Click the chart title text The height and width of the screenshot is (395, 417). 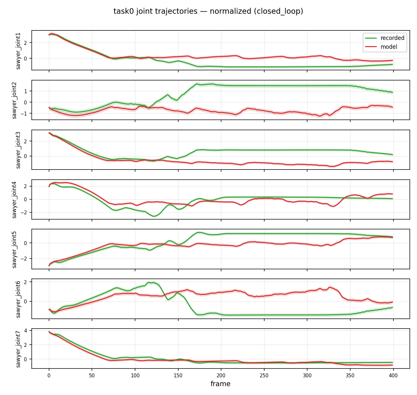coord(208,11)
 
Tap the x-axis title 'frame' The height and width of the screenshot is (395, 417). coord(220,384)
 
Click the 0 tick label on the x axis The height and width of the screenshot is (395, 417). coord(49,375)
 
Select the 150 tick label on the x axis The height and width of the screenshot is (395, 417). coord(178,375)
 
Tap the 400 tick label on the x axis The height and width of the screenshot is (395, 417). coord(393,375)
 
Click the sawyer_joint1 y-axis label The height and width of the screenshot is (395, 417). coord(18,51)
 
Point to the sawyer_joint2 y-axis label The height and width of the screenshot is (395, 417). coord(14,100)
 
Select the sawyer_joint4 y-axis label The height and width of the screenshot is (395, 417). coord(14,200)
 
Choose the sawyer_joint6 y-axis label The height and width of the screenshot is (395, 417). coord(18,299)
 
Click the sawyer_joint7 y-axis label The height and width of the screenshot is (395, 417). coord(18,349)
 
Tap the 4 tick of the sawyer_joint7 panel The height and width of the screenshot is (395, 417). coord(26,331)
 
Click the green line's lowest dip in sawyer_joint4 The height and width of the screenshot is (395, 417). coord(154,216)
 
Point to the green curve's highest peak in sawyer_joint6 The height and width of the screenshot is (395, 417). coord(149,282)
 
